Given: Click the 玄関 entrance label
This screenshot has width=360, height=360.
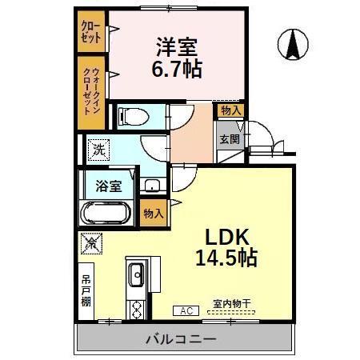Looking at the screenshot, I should click(x=230, y=138).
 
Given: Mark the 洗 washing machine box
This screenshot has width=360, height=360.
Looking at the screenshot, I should click(x=98, y=148).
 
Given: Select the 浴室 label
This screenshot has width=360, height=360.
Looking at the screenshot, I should click(x=110, y=186).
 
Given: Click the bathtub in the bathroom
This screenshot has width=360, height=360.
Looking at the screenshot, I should click(x=106, y=214).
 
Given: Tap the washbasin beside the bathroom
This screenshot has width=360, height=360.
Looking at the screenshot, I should click(x=151, y=186).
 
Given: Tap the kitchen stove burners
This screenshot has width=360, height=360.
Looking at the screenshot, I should click(x=136, y=306).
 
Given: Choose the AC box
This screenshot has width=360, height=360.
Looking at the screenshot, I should click(x=185, y=310).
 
